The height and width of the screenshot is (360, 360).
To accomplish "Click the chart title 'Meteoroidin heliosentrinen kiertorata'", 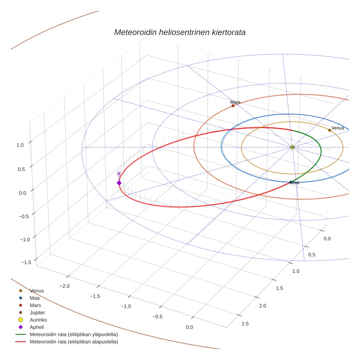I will (180, 32).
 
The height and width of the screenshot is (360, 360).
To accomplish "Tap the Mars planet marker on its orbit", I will (233, 106).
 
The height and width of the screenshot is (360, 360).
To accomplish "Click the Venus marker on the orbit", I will (330, 130).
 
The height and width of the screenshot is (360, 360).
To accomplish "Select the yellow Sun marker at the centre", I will (292, 147).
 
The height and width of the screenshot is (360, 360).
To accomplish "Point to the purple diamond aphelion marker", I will (119, 183).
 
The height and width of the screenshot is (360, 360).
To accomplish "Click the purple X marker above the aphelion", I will (119, 173).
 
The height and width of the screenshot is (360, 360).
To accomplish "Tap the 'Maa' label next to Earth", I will (295, 183).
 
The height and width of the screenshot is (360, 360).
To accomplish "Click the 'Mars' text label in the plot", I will (235, 102).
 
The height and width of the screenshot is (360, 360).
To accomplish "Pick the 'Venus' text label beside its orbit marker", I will (338, 128).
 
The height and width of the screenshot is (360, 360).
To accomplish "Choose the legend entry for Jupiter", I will (37, 312).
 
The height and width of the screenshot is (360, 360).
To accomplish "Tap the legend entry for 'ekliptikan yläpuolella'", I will (74, 334).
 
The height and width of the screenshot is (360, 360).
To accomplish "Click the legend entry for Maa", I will (35, 298).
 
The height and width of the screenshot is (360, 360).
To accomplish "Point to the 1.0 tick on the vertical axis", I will (20, 145).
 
